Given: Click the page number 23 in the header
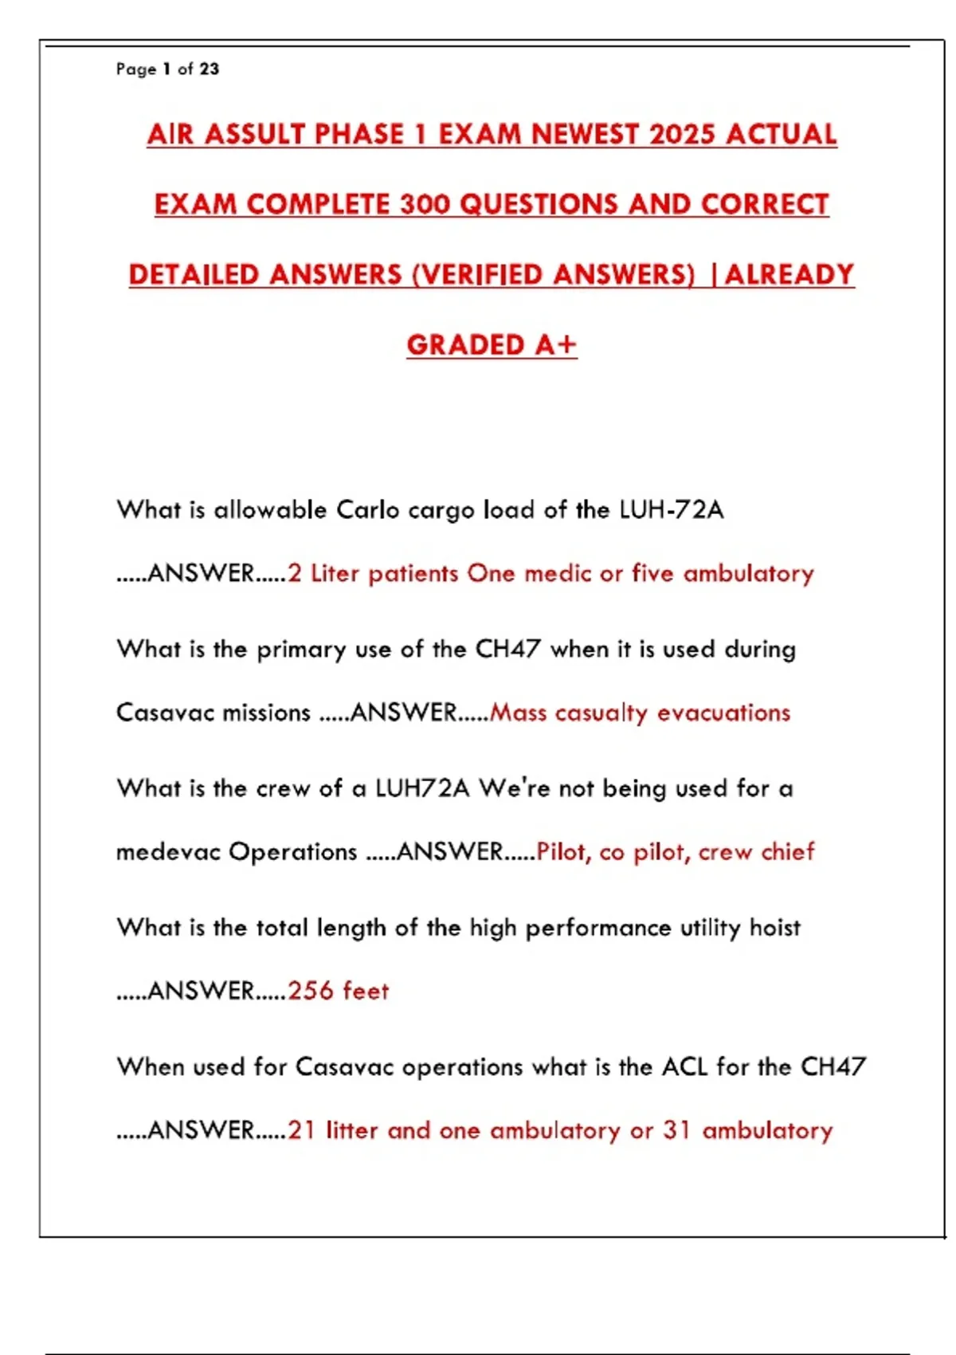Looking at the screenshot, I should pyautogui.click(x=209, y=69).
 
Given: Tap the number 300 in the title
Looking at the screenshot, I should pyautogui.click(x=425, y=204).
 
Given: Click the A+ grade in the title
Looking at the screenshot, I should pyautogui.click(x=555, y=344).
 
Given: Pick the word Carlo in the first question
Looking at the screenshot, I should pyautogui.click(x=367, y=509).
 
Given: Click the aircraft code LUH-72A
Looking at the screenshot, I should pyautogui.click(x=671, y=509).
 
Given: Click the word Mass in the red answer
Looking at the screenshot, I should pyautogui.click(x=518, y=712).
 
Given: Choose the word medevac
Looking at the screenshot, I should pyautogui.click(x=168, y=851).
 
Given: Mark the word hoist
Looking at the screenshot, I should pyautogui.click(x=775, y=927).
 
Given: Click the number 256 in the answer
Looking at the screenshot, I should pyautogui.click(x=311, y=991).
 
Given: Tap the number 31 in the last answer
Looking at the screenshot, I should pyautogui.click(x=676, y=1130).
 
